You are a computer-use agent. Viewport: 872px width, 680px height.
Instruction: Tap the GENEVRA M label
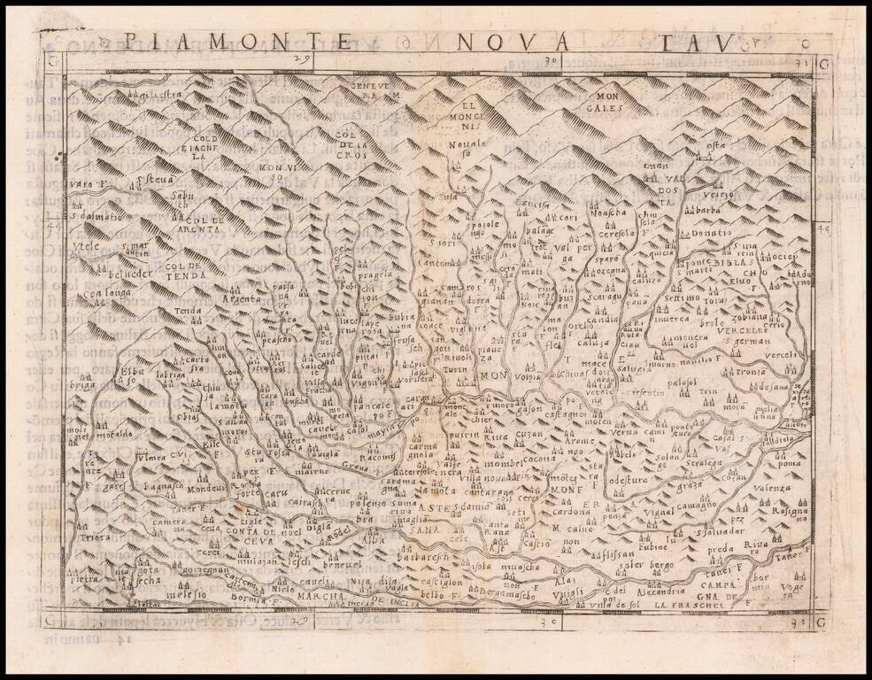pos(374,88)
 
